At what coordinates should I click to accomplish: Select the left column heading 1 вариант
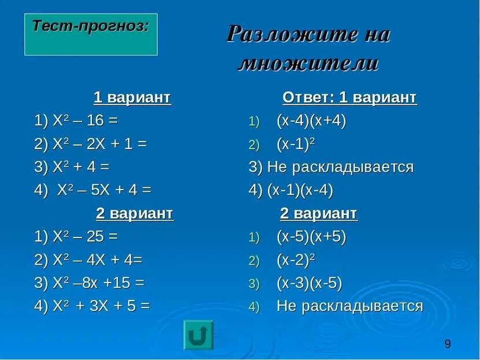tap(132, 98)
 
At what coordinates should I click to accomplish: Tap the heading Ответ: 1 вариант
tap(349, 98)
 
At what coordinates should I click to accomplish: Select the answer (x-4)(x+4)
tap(311, 121)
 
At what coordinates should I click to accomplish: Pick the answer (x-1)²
tap(296, 144)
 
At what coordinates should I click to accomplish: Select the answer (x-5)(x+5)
tap(311, 237)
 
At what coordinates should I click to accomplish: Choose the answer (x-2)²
tap(296, 260)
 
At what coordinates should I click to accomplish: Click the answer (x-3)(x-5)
tap(309, 283)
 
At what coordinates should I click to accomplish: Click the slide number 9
tap(448, 344)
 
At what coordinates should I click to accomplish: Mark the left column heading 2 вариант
tap(134, 213)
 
